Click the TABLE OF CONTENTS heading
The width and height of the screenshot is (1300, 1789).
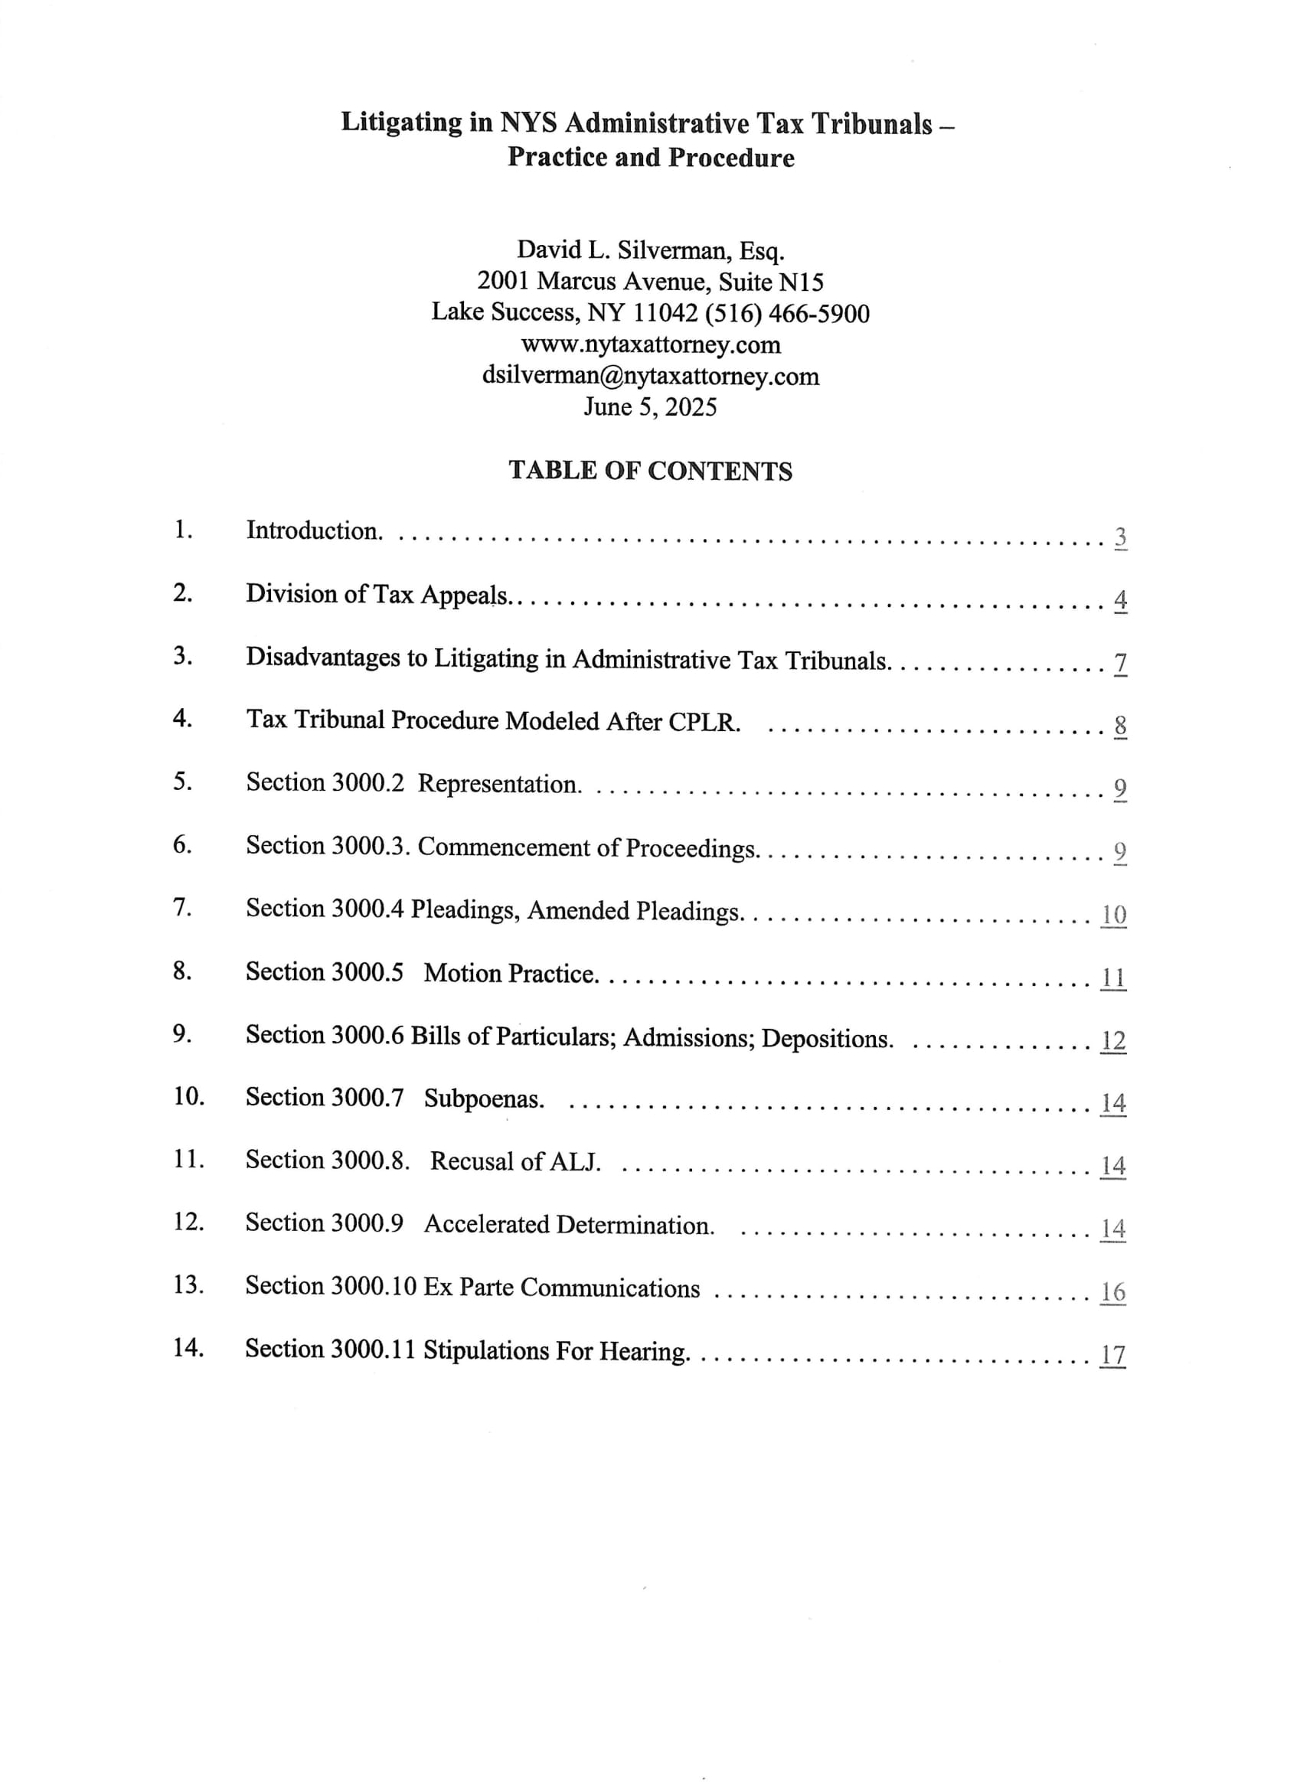(650, 471)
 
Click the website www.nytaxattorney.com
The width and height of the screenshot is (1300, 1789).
(650, 344)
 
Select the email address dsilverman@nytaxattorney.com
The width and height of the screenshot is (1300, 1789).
(650, 377)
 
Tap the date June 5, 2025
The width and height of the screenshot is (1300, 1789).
(650, 407)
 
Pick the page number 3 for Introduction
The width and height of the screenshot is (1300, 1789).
(1120, 537)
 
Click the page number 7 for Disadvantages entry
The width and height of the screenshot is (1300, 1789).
(1120, 663)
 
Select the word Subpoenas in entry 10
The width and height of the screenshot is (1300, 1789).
(484, 1098)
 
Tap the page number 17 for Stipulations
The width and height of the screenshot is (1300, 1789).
(1113, 1354)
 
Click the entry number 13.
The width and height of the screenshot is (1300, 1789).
(188, 1285)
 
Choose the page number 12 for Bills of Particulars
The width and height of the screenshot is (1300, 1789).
(1113, 1040)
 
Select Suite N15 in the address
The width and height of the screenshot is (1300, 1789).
(771, 282)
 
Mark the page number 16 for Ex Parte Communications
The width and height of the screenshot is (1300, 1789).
(1113, 1292)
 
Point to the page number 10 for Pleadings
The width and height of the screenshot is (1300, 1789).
(1113, 914)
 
